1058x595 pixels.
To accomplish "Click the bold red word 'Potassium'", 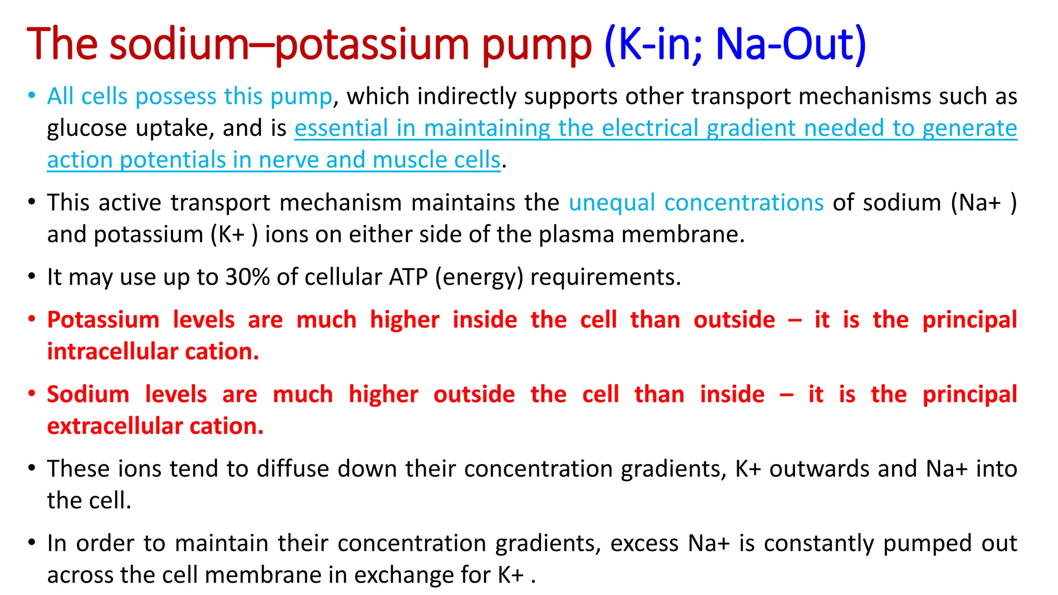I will click(103, 320).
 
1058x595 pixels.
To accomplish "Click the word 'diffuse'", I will click(292, 469).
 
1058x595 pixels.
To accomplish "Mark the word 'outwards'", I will click(819, 469).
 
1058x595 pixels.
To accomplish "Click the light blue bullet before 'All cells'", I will click(32, 96).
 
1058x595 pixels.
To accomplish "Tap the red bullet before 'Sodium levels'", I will click(32, 394).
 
